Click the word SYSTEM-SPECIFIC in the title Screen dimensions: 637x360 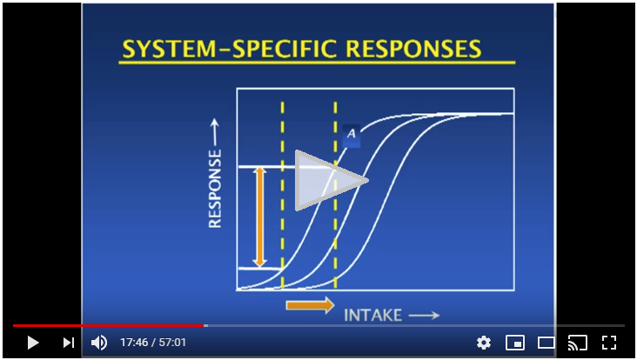point(230,49)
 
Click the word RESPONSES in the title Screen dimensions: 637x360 point(413,49)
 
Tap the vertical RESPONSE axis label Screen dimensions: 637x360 point(215,189)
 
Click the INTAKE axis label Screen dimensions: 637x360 point(373,315)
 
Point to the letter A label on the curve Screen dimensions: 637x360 point(352,133)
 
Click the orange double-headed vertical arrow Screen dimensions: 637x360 point(260,217)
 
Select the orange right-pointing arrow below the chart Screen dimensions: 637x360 point(311,305)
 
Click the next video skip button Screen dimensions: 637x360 point(69,343)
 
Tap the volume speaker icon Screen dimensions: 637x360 point(98,343)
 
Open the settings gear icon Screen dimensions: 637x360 point(484,343)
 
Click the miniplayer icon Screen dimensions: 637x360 point(514,343)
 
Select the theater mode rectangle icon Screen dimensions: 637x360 point(546,343)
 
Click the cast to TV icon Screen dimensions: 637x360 point(578,343)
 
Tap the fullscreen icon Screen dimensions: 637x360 point(608,343)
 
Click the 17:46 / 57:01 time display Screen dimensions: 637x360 point(153,343)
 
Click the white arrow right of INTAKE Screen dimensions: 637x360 point(424,315)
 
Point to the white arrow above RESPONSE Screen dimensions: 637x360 point(214,132)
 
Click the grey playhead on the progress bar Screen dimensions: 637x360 point(205,325)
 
